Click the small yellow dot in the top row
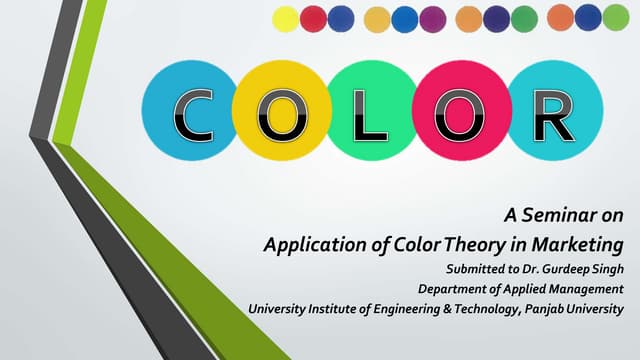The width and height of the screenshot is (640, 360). (x=285, y=19)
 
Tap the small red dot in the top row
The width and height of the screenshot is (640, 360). (x=313, y=19)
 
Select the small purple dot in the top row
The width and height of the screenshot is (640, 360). (x=432, y=19)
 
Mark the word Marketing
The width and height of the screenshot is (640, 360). (x=578, y=245)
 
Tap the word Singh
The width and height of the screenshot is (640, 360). (x=608, y=269)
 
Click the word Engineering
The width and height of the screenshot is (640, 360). (x=407, y=309)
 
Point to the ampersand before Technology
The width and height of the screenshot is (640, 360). (x=447, y=309)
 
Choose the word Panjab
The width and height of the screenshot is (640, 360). (x=544, y=309)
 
